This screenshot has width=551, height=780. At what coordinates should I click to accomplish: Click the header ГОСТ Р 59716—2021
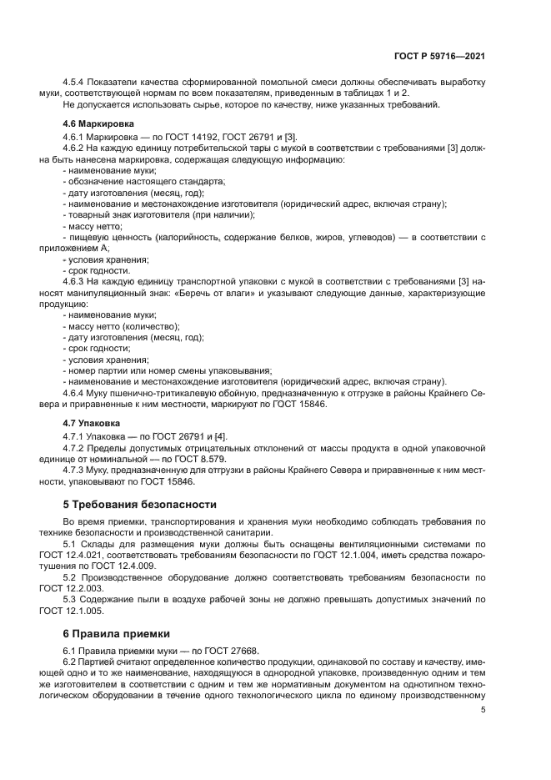(x=438, y=55)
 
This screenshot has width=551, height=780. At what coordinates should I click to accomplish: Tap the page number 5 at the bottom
(x=483, y=710)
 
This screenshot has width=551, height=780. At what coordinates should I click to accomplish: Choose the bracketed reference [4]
(x=221, y=436)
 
